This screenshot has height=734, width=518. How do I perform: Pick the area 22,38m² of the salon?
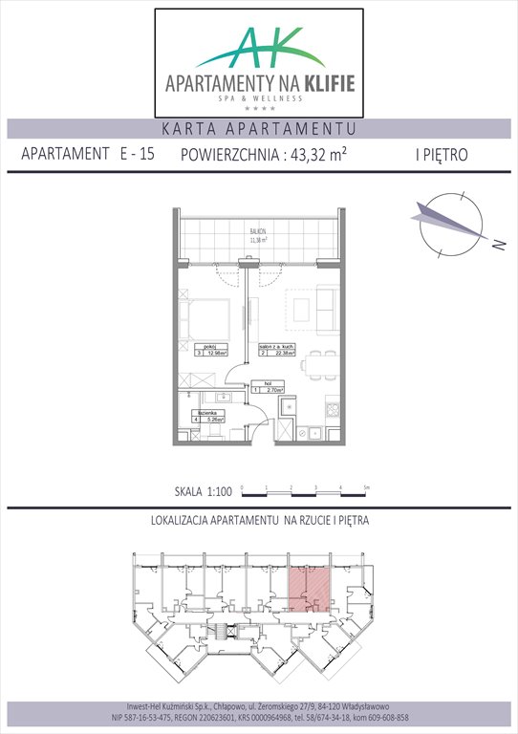[x=284, y=353]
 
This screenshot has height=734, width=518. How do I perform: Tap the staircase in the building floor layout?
[x=226, y=632]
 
